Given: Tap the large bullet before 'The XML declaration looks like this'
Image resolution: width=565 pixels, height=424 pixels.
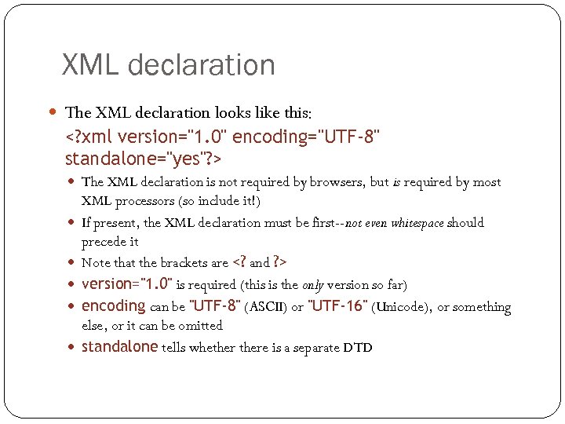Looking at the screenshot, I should (52, 112).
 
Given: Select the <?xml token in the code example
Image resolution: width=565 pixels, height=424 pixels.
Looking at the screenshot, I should (88, 138).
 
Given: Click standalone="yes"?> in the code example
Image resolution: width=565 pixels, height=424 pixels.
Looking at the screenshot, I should (144, 159).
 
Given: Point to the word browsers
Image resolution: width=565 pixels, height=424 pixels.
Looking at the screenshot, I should (337, 182).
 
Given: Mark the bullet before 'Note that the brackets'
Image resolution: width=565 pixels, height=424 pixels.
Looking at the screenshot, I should (73, 262).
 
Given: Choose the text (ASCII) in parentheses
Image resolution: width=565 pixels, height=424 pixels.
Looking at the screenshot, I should (267, 307).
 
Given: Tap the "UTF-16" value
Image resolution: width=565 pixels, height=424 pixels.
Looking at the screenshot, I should (338, 306).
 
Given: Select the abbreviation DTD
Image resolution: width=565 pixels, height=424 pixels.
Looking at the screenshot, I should (357, 347).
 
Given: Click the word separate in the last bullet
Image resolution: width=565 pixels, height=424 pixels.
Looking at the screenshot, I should (312, 347).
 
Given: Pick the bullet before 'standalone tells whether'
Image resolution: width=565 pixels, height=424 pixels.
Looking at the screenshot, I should (73, 346).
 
